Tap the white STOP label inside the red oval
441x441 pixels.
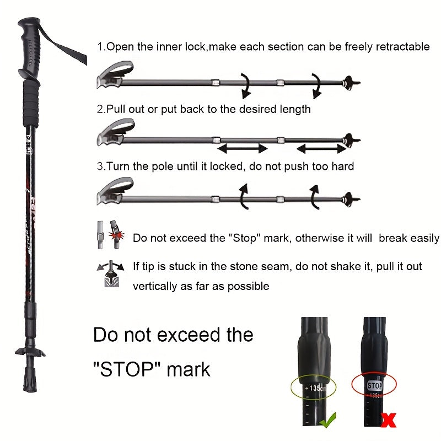pos(374,386)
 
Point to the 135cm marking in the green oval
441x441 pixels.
pos(316,388)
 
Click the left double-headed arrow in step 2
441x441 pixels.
pos(243,148)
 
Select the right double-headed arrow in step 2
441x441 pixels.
pos(321,148)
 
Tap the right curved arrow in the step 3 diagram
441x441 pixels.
pos(315,196)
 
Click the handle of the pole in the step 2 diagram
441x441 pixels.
pos(115,134)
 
